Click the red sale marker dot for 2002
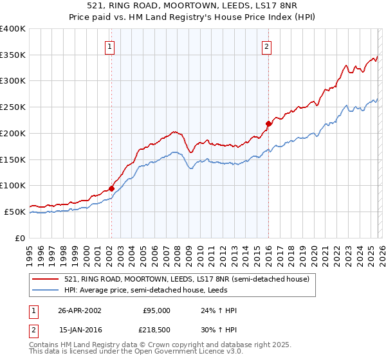111,188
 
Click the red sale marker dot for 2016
268,123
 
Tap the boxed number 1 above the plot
111,46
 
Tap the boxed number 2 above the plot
266,46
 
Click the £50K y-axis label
15,212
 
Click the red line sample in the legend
46,279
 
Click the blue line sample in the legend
46,290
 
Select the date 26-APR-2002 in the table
80,310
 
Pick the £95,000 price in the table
156,310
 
